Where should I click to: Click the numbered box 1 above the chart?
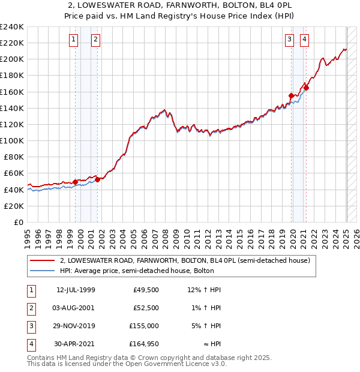[73, 40]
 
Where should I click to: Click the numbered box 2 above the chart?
[95, 40]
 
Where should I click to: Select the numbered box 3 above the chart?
[289, 40]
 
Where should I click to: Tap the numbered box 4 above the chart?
[305, 40]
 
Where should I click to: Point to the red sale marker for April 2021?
[306, 88]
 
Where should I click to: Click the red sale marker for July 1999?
[75, 182]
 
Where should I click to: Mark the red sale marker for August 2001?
[97, 179]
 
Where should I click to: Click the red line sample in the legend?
[41, 261]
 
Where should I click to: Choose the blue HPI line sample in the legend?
[41, 271]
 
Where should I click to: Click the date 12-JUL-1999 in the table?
[76, 290]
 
